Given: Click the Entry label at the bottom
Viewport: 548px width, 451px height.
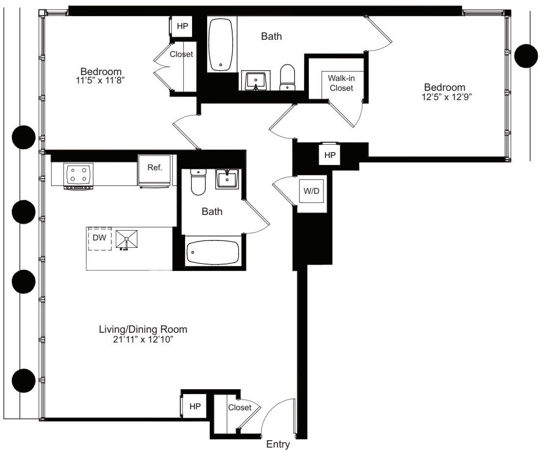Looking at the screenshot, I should point(278,445).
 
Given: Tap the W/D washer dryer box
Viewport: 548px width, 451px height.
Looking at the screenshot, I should point(313,191).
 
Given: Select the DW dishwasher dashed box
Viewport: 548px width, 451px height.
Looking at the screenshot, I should point(100,239).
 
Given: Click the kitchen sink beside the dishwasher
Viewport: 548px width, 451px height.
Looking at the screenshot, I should point(127,239).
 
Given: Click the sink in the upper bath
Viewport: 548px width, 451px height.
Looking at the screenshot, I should point(255,80).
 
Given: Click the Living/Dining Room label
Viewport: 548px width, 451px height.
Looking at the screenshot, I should point(143,329).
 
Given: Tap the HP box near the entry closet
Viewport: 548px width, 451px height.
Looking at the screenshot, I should point(195,407).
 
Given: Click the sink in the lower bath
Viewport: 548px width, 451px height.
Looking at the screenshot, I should point(227,179).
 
